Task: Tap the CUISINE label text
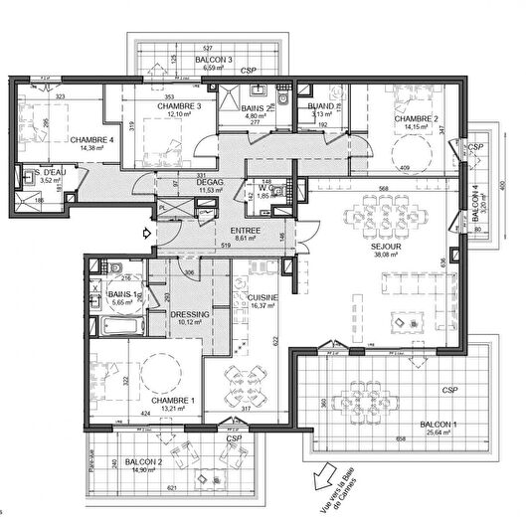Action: tap(263, 297)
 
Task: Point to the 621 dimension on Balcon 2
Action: tap(169, 488)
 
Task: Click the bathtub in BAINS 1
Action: tap(126, 325)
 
